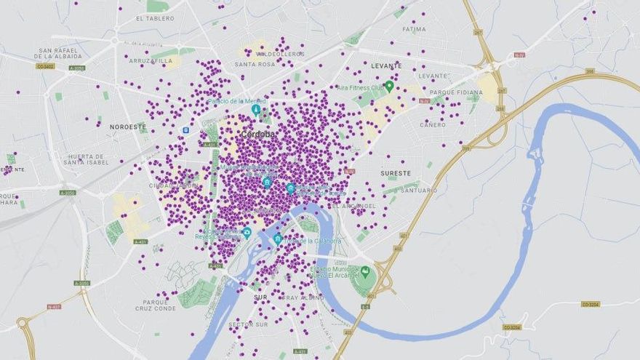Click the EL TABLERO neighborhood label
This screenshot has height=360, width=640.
[x=155, y=19]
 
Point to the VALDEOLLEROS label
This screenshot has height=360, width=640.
[x=280, y=54]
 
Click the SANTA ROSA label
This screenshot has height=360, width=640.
[x=255, y=64]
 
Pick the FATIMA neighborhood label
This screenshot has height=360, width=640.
[x=414, y=30]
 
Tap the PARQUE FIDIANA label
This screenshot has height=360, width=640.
[x=456, y=92]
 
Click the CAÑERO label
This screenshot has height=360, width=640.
[x=433, y=124]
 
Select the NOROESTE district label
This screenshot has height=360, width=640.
[x=128, y=127]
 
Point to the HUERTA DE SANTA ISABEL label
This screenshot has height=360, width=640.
[x=87, y=159]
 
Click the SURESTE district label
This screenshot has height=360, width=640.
[x=396, y=173]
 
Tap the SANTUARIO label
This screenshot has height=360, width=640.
[x=420, y=191]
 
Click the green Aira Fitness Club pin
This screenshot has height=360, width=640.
[x=389, y=86]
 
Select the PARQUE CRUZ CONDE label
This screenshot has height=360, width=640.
[x=156, y=305]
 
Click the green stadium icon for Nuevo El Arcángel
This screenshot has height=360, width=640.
[x=365, y=271]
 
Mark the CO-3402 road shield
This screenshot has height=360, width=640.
[x=45, y=66]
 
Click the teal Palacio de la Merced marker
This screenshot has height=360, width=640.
[x=255, y=109]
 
